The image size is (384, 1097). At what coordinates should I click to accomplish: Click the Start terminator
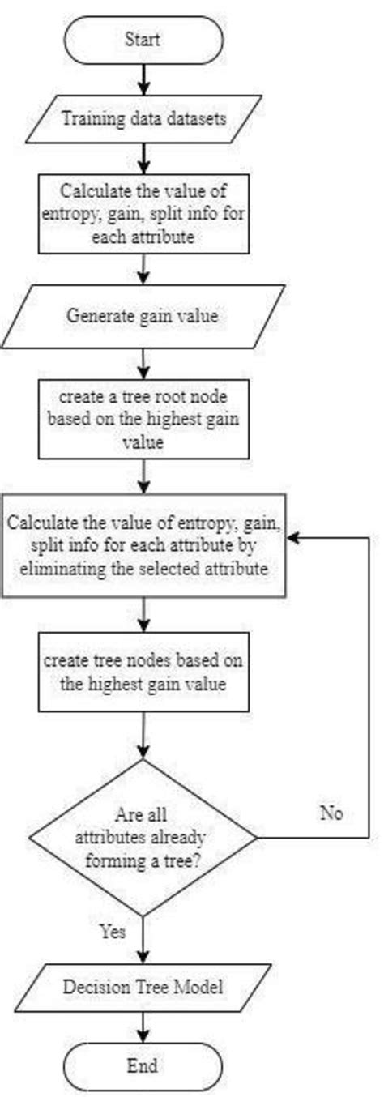pyautogui.click(x=143, y=38)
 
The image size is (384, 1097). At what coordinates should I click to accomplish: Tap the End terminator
pyautogui.click(x=143, y=1064)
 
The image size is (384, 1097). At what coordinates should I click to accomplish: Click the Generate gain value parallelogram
pyautogui.click(x=143, y=316)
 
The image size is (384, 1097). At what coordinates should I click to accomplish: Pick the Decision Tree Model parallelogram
pyautogui.click(x=143, y=987)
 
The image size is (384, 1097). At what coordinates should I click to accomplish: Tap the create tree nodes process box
pyautogui.click(x=143, y=672)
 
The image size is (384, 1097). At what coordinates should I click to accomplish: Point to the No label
pyautogui.click(x=330, y=813)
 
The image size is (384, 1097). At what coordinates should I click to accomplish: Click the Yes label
pyautogui.click(x=113, y=932)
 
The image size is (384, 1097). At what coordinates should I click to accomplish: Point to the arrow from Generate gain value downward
pyautogui.click(x=143, y=361)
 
